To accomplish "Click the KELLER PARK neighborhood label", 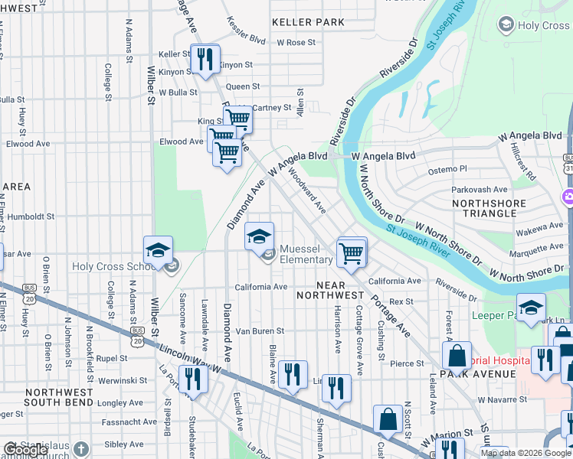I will (308, 22).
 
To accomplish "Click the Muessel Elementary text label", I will (306, 255).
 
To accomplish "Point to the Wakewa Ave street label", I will (537, 226).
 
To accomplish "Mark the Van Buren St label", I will (259, 331).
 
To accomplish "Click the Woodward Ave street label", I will (307, 191).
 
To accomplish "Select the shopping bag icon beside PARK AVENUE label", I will (457, 356).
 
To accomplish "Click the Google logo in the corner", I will (25, 450).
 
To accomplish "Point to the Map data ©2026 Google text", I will (526, 453).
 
